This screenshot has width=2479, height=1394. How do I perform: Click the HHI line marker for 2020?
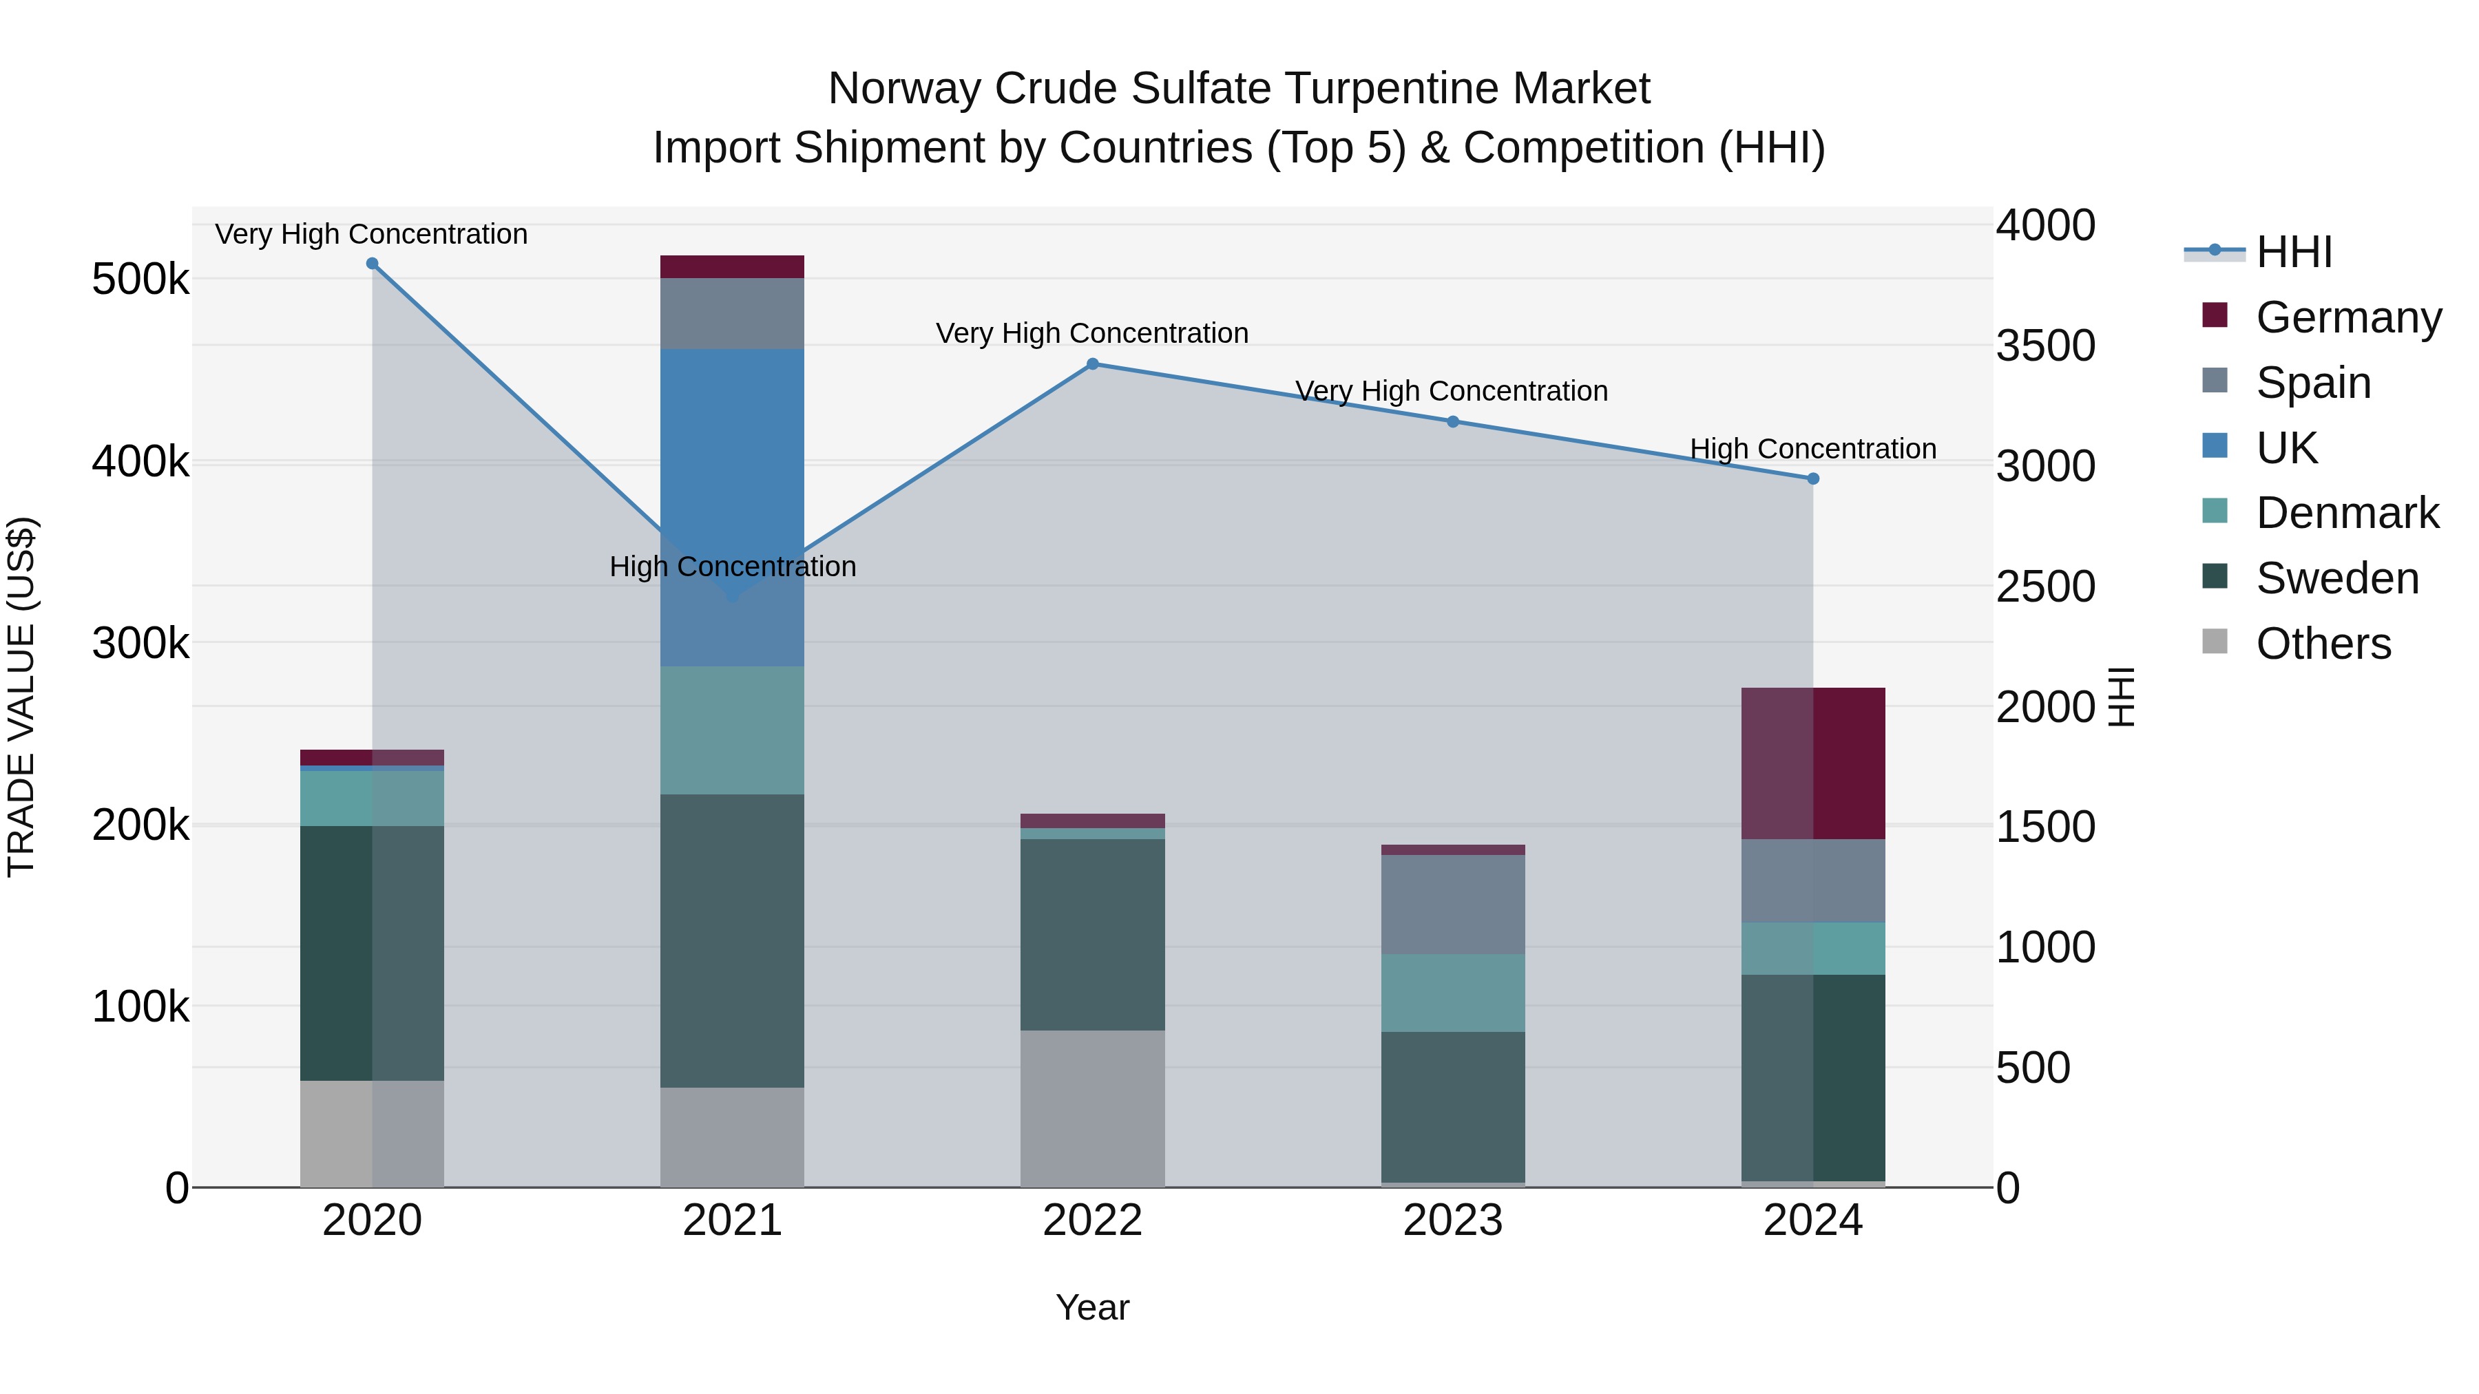pos(373,264)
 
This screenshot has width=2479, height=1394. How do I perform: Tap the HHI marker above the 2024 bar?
pos(1813,479)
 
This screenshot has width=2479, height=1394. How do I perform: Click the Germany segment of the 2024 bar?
pos(1813,763)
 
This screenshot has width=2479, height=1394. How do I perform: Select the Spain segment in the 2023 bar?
pos(1452,905)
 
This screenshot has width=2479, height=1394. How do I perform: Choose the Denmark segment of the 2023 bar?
pos(1452,993)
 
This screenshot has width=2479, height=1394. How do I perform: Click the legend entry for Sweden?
pos(2336,578)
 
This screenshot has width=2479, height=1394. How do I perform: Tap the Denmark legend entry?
pos(2346,513)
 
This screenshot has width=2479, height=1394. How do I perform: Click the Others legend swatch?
pos(2215,642)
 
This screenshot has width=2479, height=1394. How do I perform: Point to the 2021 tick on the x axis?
pos(733,1221)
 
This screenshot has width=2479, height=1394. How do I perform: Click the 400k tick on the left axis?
pos(140,462)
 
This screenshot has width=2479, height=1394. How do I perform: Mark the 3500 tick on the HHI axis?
pos(2045,346)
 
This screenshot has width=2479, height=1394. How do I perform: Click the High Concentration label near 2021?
pos(733,567)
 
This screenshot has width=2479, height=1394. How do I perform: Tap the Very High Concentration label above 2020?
pos(371,234)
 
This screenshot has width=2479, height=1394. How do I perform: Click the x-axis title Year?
pos(1092,1307)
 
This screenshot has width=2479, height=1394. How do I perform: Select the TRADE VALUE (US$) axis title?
pos(21,697)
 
